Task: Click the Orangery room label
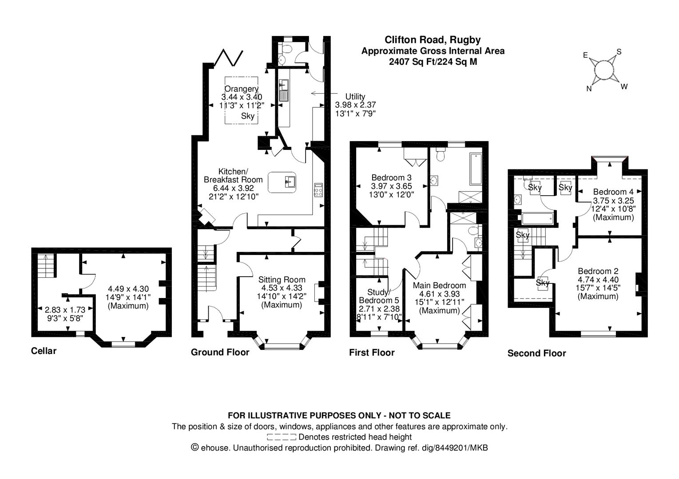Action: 241,89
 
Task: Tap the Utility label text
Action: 355,96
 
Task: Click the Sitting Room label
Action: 282,279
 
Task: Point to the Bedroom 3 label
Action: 391,178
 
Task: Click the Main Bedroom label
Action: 439,285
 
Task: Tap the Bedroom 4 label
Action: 613,192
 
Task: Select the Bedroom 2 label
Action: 598,271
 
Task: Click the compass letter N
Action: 589,89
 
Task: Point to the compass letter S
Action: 619,52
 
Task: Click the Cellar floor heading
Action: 44,351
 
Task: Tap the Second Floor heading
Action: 536,353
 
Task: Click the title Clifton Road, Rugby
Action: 432,40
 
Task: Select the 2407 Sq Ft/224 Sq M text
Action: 433,62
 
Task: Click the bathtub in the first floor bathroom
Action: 475,169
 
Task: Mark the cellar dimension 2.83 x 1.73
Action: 64,310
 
